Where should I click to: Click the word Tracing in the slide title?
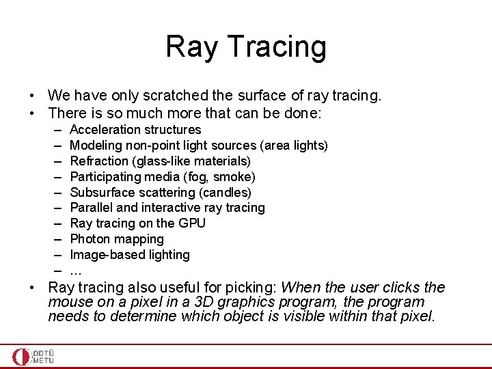coord(277,48)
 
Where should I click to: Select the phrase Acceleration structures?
coord(135,129)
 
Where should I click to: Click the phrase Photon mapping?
coord(117,239)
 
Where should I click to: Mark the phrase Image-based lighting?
coord(130,255)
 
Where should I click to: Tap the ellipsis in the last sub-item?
coord(76,271)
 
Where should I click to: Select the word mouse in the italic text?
coord(69,302)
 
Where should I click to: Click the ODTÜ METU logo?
coord(33,357)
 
